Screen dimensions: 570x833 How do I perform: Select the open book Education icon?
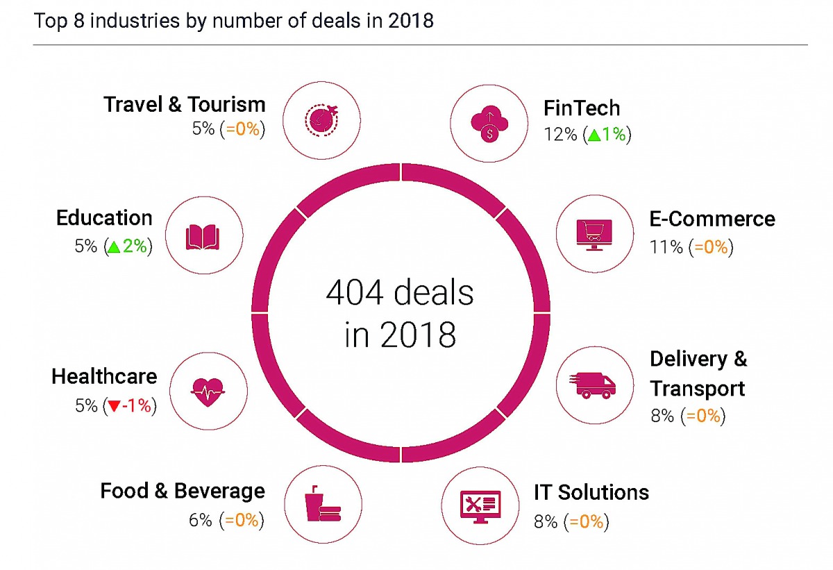point(203,237)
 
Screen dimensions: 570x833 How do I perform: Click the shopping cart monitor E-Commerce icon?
point(594,235)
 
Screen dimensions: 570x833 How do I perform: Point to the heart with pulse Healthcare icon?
point(207,391)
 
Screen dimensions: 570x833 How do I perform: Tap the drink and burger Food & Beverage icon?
point(320,504)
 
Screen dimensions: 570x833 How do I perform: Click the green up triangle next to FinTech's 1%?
point(594,135)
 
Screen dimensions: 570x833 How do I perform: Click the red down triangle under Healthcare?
point(112,406)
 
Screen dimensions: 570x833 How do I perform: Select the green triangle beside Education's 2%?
point(113,246)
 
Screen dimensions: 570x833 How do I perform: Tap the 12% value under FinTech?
point(561,135)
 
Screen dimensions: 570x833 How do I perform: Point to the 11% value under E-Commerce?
point(666,247)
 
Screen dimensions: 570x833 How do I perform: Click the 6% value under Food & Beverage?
point(200,520)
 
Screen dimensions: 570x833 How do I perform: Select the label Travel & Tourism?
point(184,105)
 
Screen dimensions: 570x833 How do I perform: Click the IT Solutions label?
point(591,492)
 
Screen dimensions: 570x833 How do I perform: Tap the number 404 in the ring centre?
point(354,294)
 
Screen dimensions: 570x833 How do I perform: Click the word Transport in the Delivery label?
point(697,388)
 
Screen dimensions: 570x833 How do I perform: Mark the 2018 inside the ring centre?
point(418,335)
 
